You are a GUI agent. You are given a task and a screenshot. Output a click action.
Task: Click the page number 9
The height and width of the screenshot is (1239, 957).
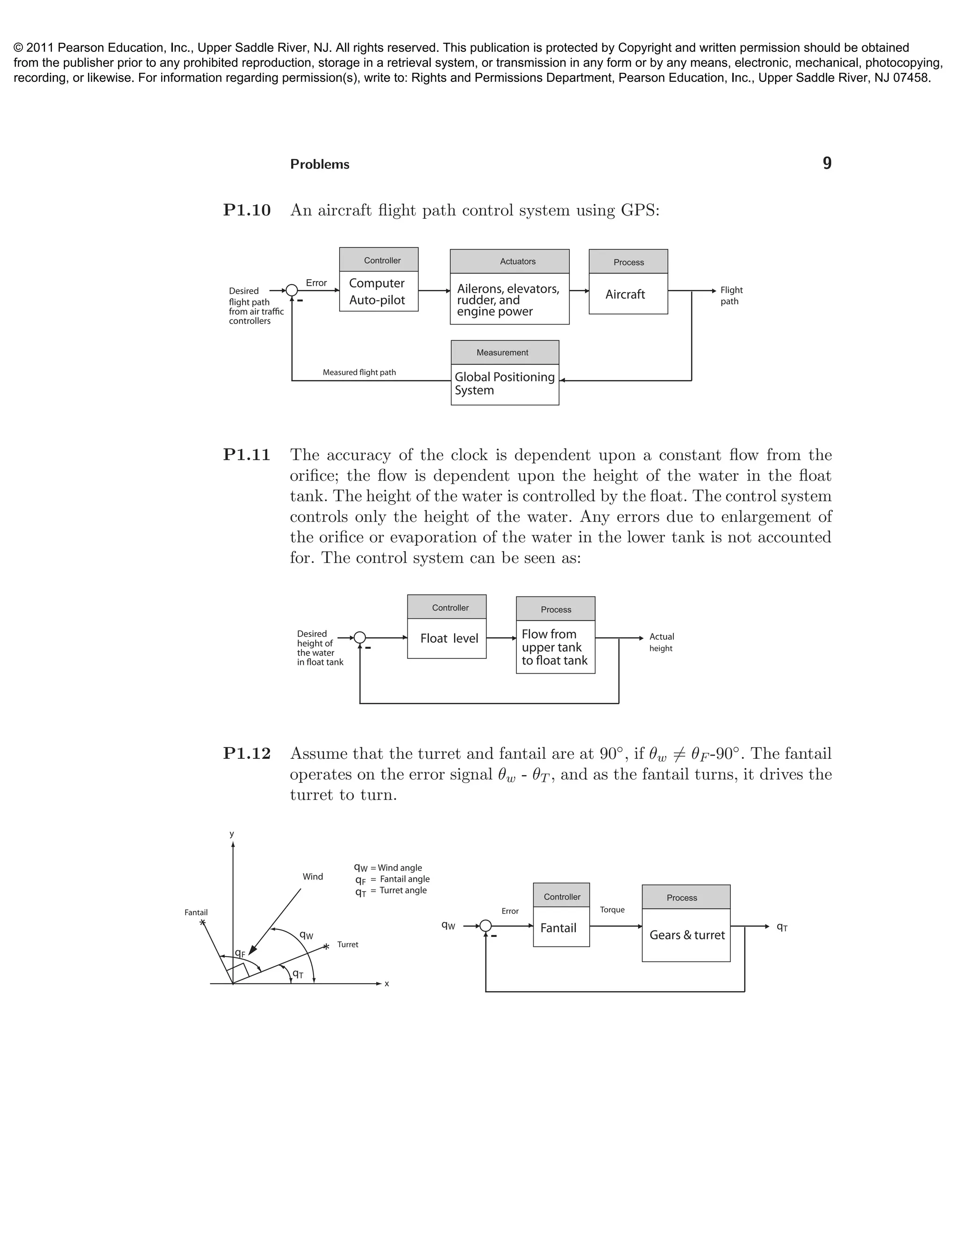point(827,163)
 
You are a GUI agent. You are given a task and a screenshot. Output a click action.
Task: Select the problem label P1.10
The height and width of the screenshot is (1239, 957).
point(247,210)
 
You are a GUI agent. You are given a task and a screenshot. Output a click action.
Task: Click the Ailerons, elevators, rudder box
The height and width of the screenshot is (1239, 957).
point(509,299)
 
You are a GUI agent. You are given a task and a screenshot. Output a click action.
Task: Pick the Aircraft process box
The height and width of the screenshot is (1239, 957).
point(628,294)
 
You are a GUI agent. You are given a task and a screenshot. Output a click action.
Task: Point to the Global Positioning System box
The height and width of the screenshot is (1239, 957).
point(505,384)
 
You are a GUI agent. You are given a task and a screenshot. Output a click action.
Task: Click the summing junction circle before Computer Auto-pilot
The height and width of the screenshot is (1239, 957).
point(292,290)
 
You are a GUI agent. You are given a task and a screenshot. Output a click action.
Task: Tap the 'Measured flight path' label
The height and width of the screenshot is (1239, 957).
point(359,372)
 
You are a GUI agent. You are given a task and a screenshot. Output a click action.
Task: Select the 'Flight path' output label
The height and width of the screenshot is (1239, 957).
point(731,295)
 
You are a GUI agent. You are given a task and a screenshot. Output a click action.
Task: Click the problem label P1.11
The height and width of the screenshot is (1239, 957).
point(247,454)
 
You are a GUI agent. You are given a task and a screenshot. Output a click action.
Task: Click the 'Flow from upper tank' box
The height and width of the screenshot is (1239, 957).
point(555,647)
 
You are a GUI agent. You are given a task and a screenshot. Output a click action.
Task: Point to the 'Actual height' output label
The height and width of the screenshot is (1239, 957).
point(661,642)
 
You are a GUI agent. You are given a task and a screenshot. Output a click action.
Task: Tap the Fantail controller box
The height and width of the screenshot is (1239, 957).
point(561,928)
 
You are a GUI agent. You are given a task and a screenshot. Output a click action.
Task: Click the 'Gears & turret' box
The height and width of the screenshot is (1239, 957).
point(686,935)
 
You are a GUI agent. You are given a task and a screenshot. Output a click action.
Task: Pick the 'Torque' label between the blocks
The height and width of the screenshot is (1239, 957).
point(612,909)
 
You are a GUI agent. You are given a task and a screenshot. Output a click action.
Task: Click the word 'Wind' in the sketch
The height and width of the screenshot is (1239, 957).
point(313,877)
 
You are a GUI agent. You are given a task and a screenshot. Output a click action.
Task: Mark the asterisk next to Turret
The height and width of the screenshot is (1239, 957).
point(326,947)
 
